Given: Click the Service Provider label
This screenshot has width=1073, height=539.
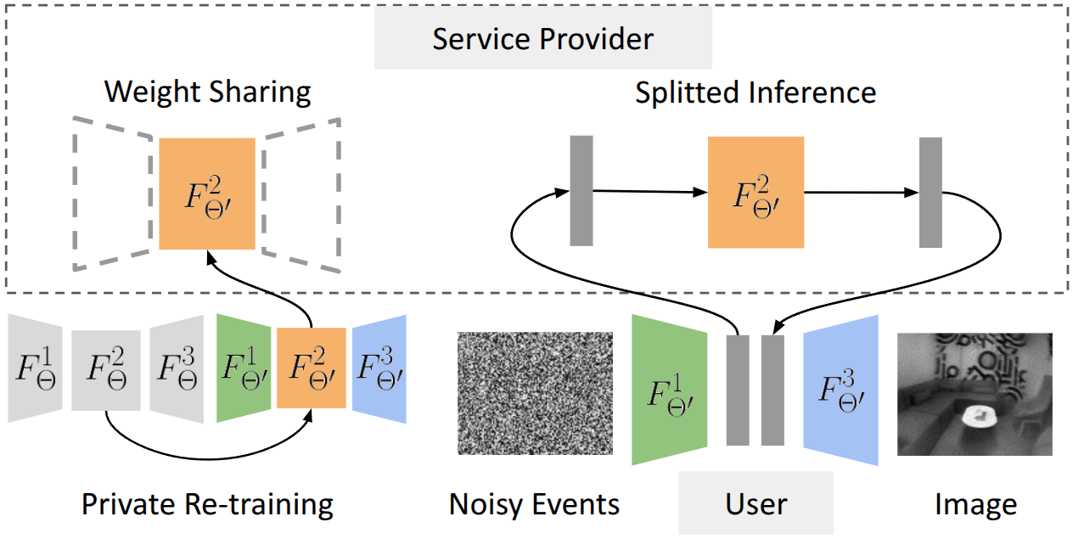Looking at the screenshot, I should [543, 39].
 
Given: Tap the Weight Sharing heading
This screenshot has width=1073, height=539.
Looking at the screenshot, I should [207, 92].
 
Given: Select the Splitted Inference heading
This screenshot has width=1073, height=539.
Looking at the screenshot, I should [755, 92].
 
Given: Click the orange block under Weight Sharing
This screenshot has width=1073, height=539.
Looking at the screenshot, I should [207, 194].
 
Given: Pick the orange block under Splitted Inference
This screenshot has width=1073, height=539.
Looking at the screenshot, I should [756, 192].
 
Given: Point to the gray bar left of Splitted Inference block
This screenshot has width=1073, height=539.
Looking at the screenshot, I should [581, 191].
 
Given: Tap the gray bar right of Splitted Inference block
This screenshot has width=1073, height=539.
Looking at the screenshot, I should [930, 192].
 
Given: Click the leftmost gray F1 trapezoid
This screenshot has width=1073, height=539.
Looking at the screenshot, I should [35, 368].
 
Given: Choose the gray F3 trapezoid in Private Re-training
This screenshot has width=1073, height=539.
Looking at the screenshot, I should [177, 368].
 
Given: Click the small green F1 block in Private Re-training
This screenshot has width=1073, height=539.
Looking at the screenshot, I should [244, 368].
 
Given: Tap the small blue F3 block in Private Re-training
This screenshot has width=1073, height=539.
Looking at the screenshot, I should [379, 368].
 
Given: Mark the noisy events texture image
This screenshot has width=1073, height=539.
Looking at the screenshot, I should [535, 393].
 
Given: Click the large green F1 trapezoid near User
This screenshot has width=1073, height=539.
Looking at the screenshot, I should [669, 390].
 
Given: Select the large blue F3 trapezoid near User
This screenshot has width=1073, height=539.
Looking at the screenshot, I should [840, 390].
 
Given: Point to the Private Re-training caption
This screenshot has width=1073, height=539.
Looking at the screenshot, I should [207, 504].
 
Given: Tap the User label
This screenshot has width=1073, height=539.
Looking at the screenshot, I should [756, 503].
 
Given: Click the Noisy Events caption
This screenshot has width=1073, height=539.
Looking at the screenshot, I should [535, 504].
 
